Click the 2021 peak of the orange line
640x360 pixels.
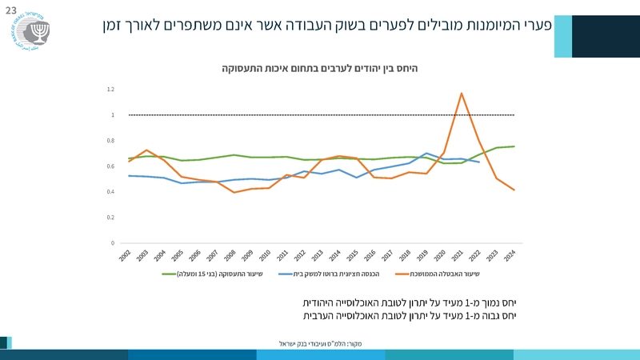point(462,94)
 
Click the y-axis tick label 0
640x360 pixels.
point(113,243)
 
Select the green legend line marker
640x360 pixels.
point(169,274)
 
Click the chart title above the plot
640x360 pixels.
point(320,69)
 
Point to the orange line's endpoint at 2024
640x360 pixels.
point(514,190)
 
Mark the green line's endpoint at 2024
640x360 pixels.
point(514,146)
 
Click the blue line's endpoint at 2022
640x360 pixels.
point(479,162)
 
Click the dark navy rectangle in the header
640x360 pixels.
point(606,36)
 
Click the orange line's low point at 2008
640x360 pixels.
point(234,192)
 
